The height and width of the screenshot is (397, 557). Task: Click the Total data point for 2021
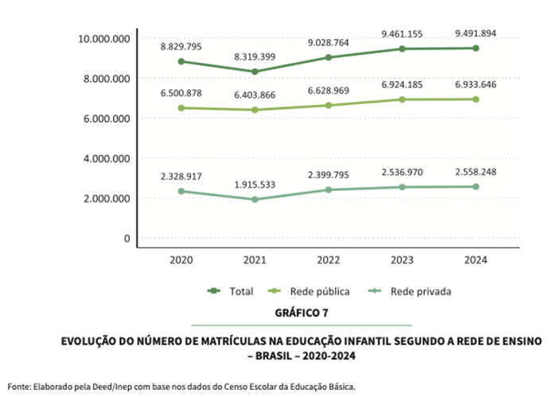pyautogui.click(x=255, y=72)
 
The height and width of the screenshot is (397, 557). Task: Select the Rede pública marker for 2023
pyautogui.click(x=403, y=99)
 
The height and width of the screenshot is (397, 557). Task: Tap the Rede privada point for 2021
pyautogui.click(x=255, y=200)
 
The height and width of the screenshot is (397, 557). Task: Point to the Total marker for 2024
pyautogui.click(x=476, y=48)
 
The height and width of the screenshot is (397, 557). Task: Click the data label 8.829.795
pyautogui.click(x=181, y=47)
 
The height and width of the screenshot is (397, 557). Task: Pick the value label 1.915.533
pyautogui.click(x=255, y=185)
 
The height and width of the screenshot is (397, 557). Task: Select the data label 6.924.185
pyautogui.click(x=403, y=84)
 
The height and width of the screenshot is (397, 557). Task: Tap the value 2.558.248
pyautogui.click(x=475, y=172)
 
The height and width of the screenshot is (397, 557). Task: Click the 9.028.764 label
pyautogui.click(x=329, y=43)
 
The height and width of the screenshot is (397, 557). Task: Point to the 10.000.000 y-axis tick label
pyautogui.click(x=103, y=38)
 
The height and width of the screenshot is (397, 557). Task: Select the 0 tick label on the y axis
pyautogui.click(x=127, y=238)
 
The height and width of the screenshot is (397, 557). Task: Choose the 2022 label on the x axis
pyautogui.click(x=329, y=259)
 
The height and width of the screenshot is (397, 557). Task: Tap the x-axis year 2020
pyautogui.click(x=181, y=259)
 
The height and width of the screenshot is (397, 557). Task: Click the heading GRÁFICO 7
pyautogui.click(x=302, y=313)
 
